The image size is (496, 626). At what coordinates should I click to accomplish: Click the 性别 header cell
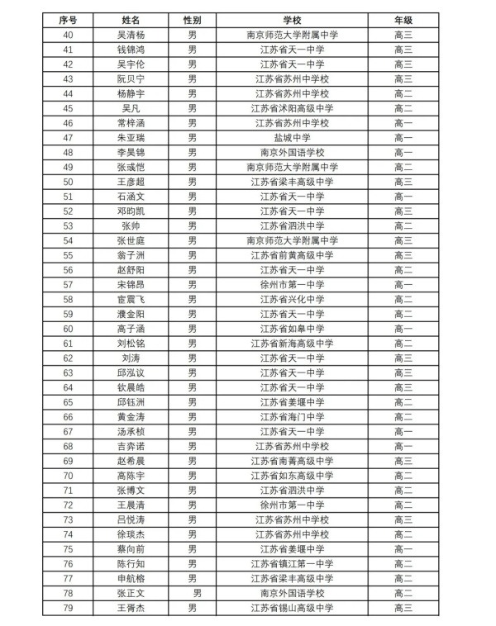192,19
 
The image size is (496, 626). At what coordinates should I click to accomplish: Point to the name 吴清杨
131,34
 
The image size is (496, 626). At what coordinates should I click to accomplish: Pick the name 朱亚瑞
131,137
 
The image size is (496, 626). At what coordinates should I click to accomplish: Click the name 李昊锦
131,152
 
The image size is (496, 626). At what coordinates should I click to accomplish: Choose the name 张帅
131,225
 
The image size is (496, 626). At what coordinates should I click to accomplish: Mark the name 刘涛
131,358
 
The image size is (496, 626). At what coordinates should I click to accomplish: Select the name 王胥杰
131,608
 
